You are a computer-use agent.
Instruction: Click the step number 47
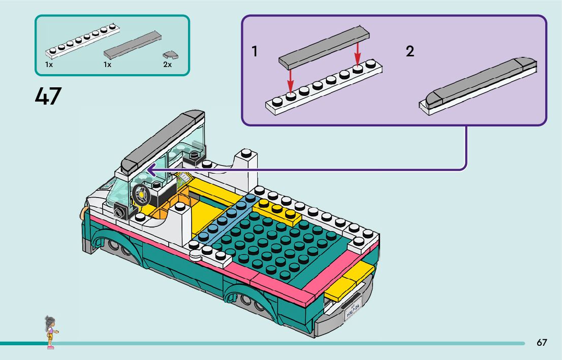[48, 96]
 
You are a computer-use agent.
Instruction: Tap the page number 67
[542, 342]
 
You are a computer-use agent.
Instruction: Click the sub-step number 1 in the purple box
[255, 51]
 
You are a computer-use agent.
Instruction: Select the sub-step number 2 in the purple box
[410, 51]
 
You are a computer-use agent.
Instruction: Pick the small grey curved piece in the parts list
[168, 54]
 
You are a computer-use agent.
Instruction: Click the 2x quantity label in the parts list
[167, 65]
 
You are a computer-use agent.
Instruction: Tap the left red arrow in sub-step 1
[290, 79]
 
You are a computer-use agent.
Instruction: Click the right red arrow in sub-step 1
[358, 53]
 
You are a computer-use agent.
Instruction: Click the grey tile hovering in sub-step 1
[324, 48]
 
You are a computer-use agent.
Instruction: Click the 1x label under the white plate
[49, 65]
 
